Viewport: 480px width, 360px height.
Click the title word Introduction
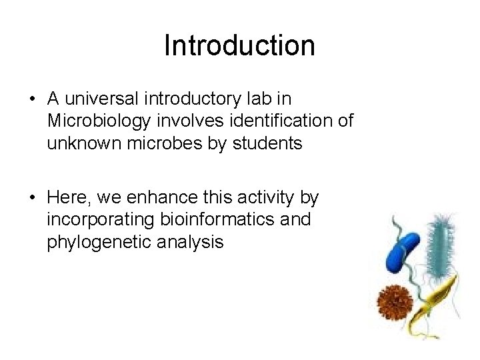click(239, 46)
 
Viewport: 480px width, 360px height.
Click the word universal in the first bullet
click(103, 99)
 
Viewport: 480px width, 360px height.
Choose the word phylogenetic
click(101, 242)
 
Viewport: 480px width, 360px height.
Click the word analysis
click(192, 242)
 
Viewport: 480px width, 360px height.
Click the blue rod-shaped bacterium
click(403, 254)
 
